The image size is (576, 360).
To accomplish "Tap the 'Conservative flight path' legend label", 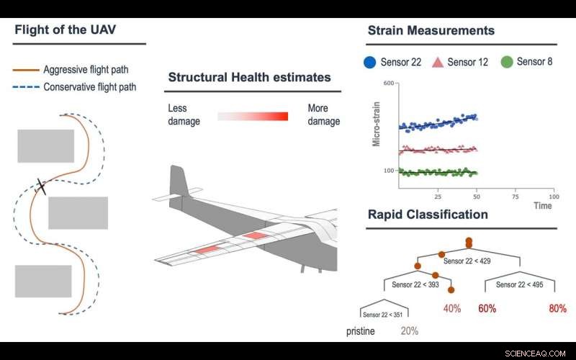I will [89, 88].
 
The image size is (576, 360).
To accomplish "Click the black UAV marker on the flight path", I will [41, 186].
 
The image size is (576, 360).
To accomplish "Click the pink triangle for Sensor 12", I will [437, 62].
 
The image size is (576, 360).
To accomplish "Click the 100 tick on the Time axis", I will [553, 196].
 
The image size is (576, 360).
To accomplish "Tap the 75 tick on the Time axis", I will [515, 196].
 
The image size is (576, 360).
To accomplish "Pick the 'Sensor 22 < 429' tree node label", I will [467, 261].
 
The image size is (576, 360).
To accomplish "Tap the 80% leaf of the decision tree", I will [557, 309].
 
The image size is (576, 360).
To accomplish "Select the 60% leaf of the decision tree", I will [487, 309].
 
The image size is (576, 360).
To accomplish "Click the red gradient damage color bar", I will [253, 116].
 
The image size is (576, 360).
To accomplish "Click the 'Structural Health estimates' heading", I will [249, 78].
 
